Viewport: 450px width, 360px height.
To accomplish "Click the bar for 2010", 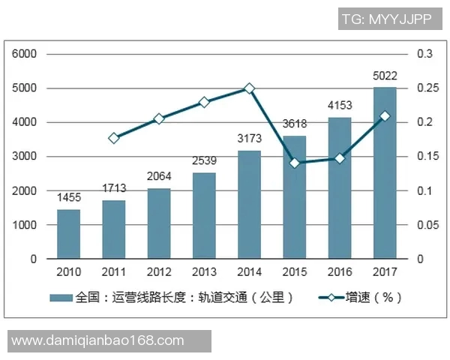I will [69, 234].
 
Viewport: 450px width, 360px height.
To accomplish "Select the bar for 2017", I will [384, 173].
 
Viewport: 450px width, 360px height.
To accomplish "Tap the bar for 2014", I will [249, 205].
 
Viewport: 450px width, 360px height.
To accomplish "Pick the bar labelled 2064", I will [159, 223].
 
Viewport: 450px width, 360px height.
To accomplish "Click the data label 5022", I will [384, 76].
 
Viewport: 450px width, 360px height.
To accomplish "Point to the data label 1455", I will [69, 197].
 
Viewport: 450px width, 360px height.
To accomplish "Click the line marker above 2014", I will [250, 88].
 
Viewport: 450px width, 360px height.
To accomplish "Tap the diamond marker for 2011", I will [114, 138].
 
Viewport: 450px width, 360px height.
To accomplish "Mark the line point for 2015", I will [294, 163].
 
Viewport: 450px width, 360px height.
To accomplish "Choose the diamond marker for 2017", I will [385, 116].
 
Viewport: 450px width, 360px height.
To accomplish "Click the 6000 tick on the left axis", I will [25, 54].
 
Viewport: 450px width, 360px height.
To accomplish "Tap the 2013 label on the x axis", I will [204, 271].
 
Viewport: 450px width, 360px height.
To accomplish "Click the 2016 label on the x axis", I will [339, 271].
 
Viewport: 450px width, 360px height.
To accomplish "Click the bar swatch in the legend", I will [61, 298].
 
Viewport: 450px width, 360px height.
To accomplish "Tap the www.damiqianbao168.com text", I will [98, 341].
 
